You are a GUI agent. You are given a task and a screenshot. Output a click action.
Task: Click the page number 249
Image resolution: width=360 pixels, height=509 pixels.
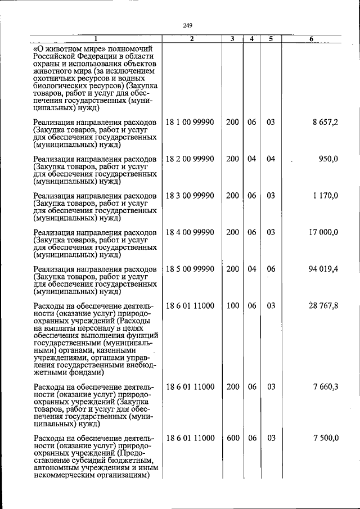tap(188, 24)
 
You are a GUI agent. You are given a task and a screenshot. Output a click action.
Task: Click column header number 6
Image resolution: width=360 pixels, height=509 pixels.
tap(312, 39)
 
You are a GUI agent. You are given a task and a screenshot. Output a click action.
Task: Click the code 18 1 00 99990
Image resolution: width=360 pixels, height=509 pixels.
tap(190, 122)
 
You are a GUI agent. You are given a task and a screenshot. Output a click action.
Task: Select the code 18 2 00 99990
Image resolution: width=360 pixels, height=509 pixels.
tap(190, 159)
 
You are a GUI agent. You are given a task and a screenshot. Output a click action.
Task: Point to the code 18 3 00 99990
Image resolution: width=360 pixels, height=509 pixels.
tap(190, 195)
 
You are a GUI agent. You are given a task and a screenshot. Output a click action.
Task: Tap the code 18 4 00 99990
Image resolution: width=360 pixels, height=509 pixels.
tap(190, 232)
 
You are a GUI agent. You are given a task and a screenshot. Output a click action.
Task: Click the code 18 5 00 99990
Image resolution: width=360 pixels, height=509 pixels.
tap(190, 269)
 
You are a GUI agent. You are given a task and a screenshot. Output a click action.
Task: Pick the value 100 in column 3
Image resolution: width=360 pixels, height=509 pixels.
tap(232, 305)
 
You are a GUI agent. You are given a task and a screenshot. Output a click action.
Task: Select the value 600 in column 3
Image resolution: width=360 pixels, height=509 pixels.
tap(232, 438)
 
